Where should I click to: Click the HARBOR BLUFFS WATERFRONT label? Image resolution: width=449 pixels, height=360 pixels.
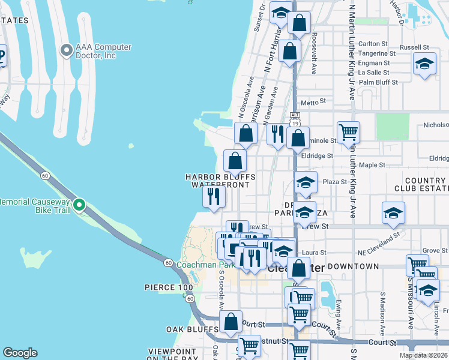[220, 181]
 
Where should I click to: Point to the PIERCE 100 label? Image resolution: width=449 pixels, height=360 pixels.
[169, 287]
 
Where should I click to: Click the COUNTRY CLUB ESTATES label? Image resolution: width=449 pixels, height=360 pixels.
[420, 184]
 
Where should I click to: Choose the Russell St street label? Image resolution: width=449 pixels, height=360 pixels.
[414, 47]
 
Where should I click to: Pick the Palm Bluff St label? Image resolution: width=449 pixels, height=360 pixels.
[378, 82]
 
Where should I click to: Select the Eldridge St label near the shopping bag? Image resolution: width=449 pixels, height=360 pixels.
[317, 155]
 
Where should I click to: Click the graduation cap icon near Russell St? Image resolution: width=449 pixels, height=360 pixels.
[424, 64]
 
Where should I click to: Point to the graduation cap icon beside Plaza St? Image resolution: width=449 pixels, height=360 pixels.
[306, 182]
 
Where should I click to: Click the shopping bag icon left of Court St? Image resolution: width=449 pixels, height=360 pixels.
[231, 322]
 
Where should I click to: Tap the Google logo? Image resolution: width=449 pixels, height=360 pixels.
[20, 353]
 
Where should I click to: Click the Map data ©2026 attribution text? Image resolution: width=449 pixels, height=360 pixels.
[423, 355]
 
